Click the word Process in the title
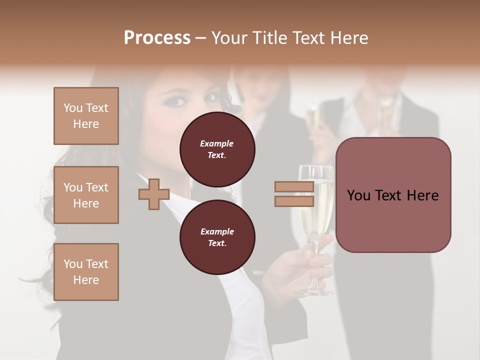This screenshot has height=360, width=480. point(157,38)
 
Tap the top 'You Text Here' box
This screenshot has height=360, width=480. point(86,116)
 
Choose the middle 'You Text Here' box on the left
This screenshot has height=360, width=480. point(86,195)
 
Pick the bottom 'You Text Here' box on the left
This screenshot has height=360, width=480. point(86,272)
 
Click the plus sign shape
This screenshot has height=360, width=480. point(154,194)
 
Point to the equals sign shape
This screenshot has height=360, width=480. point(294,194)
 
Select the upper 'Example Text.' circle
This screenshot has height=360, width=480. point(217,149)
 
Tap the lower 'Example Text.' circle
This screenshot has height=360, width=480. point(217,237)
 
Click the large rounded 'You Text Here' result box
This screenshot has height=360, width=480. point(393,195)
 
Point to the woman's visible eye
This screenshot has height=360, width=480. point(175,101)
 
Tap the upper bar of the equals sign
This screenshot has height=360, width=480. point(294,187)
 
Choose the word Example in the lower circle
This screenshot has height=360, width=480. point(217,231)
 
